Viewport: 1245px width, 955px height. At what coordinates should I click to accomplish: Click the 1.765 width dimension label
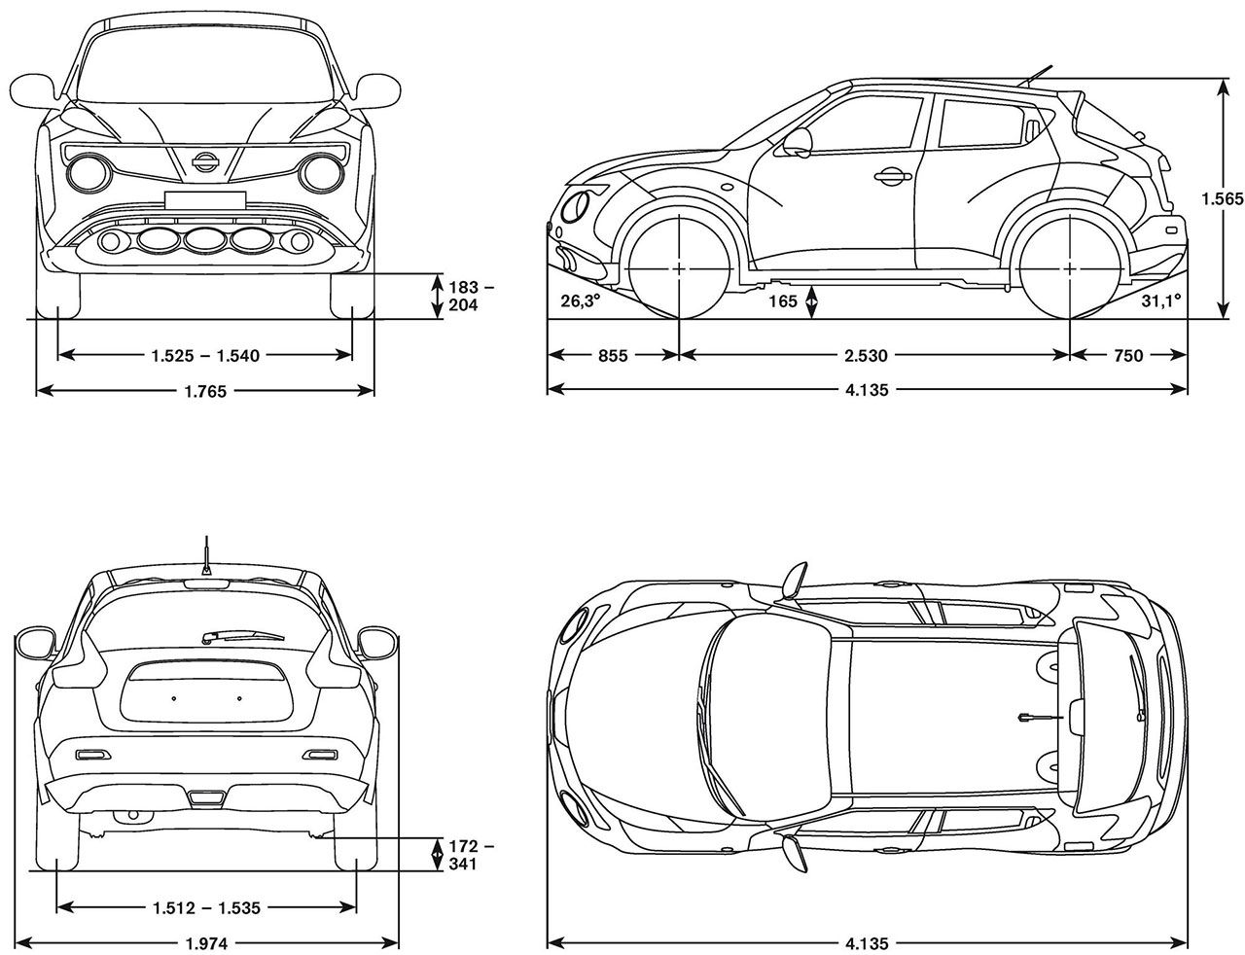205,392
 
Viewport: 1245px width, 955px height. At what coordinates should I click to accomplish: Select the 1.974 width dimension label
207,943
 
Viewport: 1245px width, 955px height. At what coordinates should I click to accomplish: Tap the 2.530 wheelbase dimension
866,356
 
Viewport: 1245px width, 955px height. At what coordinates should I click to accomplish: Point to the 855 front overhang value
613,356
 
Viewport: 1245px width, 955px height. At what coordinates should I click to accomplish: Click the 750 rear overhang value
1128,356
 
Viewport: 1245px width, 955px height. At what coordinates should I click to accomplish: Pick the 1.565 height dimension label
1223,198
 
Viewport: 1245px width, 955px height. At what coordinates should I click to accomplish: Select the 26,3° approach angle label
580,301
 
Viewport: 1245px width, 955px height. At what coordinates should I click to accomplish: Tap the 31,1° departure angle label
1161,301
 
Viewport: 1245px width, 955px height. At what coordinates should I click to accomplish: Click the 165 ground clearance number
783,301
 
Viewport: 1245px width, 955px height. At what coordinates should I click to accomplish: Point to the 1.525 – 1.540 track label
205,356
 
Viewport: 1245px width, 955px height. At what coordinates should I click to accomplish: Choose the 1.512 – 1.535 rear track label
206,908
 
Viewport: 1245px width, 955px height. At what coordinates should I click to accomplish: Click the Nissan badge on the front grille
205,161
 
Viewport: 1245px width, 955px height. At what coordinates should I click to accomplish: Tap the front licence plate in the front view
205,200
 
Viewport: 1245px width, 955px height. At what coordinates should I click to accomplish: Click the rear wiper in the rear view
242,636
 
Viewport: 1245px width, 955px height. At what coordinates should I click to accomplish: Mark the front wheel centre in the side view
679,268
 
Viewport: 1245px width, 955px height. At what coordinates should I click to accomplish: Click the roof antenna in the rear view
206,555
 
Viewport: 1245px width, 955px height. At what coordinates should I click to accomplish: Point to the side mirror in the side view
799,142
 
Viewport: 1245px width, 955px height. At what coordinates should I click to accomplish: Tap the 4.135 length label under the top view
867,943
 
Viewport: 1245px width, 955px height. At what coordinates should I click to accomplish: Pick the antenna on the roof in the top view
1040,716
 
